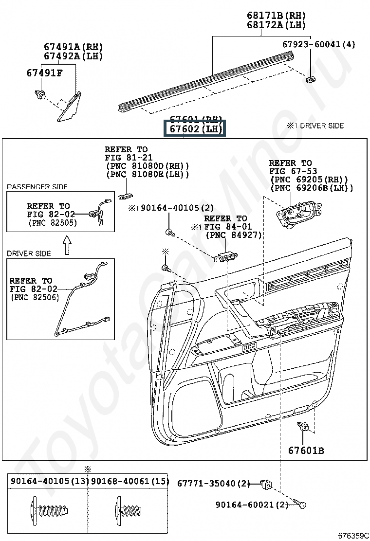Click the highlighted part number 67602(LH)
[195, 129]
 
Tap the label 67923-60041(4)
[318, 44]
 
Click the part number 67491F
[44, 73]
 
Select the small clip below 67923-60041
[310, 79]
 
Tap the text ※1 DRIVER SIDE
[315, 126]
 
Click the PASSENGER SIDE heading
[37, 187]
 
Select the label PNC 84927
[234, 235]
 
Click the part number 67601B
[306, 451]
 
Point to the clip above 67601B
[303, 428]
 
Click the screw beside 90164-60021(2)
[299, 504]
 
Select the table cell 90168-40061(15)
[129, 481]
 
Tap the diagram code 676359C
[354, 536]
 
